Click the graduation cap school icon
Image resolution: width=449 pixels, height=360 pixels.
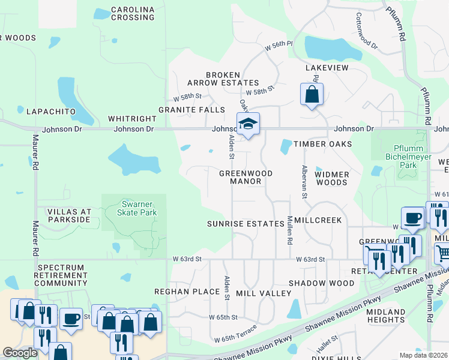click(x=248, y=124)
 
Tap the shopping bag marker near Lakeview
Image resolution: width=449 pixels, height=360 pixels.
click(x=312, y=94)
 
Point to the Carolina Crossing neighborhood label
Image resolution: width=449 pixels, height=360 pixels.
click(x=133, y=14)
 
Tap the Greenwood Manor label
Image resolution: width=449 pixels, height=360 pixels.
click(x=246, y=177)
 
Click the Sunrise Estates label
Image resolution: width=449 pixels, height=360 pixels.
click(x=245, y=223)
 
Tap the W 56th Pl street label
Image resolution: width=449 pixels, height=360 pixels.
click(x=279, y=44)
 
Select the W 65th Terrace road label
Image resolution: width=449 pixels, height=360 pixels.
click(x=236, y=334)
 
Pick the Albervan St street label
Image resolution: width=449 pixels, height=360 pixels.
click(x=305, y=182)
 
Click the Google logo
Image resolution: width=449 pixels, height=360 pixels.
click(x=20, y=353)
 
